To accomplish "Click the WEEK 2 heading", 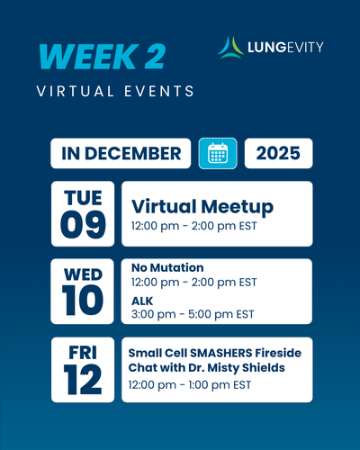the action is pos(102,57).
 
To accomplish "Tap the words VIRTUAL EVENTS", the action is pos(115,91).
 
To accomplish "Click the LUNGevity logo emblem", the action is pos(230,48).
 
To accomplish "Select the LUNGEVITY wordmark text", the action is pos(285,48).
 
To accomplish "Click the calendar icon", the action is pos(218,153).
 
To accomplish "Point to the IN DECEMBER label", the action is pos(121,153).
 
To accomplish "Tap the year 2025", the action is pos(278,153).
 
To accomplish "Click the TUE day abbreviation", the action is pos(83,198).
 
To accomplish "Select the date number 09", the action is pos(83,224).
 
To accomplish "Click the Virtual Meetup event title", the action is pos(202,207).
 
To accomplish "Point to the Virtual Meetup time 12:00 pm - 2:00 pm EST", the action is pos(194,226).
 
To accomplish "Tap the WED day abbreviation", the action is pos(83,274).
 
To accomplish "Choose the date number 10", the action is pos(83,300).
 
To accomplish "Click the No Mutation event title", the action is pos(167,267).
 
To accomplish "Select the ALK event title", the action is pos(142,301).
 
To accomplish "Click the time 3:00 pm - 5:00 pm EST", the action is pos(193,314).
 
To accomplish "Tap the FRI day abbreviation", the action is pos(83,353).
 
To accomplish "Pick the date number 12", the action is pos(83,380).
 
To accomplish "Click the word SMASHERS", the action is pos(221,353).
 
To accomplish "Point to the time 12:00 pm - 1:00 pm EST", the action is pos(190,385).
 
